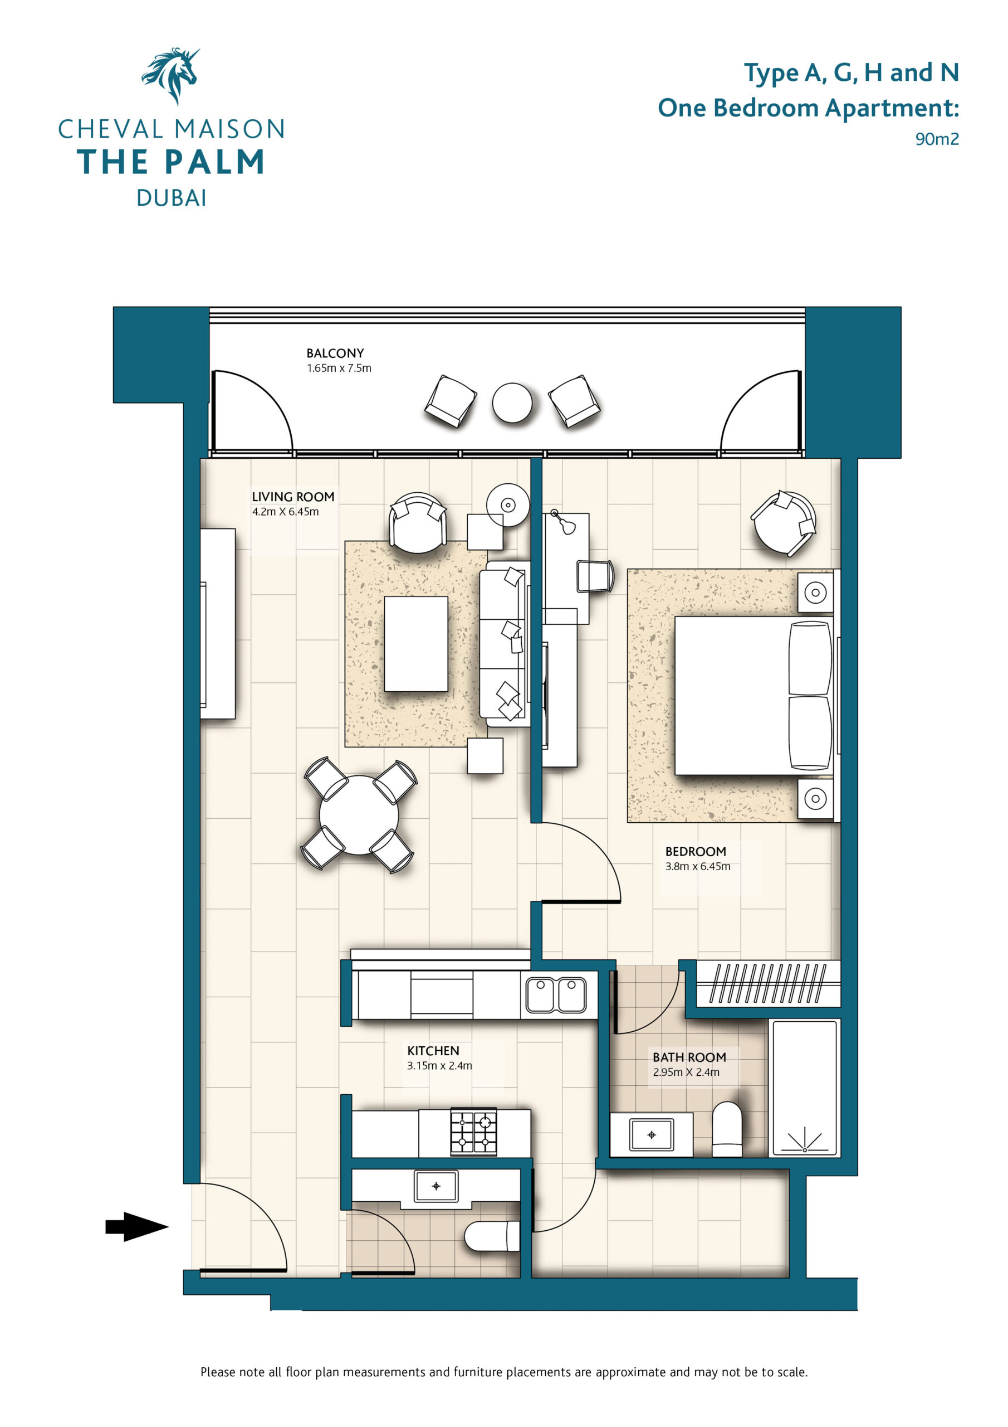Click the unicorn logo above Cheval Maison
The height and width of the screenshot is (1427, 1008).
point(171,76)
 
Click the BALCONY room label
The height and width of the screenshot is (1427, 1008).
point(335,353)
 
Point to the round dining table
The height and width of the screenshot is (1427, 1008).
point(359,814)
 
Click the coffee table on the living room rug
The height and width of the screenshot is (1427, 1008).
point(415,643)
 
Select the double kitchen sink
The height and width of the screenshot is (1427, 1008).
point(556,994)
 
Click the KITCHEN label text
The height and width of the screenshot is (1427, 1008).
point(433,1050)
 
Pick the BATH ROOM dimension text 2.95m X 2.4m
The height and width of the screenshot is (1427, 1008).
point(686,1072)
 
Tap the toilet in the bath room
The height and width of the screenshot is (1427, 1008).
point(727,1130)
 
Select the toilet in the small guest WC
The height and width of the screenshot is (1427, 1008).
point(492,1236)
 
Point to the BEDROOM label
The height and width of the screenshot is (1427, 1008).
point(696,852)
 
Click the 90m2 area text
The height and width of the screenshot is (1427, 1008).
point(937,139)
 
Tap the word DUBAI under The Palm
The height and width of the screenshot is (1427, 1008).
point(172,198)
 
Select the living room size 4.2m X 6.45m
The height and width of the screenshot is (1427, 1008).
point(285,512)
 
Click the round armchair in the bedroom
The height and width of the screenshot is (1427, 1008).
point(783,523)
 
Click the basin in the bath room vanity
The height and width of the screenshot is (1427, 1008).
point(652,1135)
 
